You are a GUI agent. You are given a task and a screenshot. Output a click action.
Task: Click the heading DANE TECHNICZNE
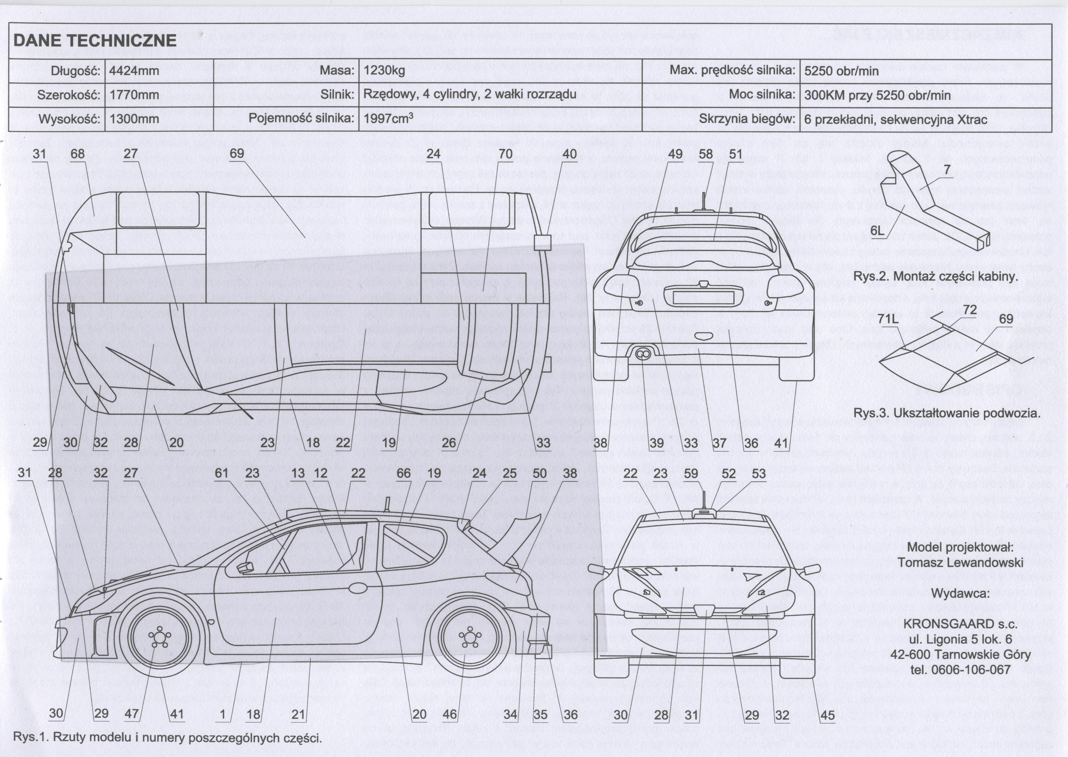click(x=95, y=41)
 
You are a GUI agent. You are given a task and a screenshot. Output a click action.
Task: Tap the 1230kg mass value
click(x=384, y=71)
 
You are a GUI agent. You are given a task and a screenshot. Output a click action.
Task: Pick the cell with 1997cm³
click(x=388, y=118)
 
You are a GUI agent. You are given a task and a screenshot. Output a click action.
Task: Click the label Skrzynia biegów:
click(x=747, y=119)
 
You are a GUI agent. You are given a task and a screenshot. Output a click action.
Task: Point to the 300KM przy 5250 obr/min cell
click(x=877, y=95)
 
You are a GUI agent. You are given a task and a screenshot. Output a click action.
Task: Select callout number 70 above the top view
click(x=505, y=154)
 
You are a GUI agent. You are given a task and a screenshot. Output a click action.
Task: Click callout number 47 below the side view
click(x=132, y=714)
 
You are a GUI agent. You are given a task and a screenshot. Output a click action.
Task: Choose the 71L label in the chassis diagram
click(x=888, y=319)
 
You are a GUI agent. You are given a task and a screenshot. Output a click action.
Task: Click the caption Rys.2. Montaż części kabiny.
click(x=935, y=277)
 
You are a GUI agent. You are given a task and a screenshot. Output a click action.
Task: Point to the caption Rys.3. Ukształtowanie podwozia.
click(x=947, y=413)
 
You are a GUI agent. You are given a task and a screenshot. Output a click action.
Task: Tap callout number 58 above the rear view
click(x=705, y=154)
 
